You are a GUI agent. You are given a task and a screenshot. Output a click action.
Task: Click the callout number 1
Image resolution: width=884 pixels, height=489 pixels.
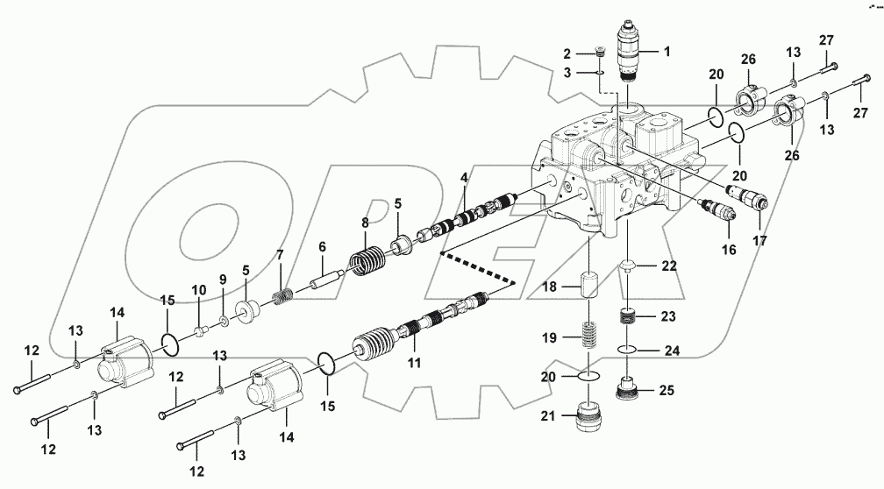667,52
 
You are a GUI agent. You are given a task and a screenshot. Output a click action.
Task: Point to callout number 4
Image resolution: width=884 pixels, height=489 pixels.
464,180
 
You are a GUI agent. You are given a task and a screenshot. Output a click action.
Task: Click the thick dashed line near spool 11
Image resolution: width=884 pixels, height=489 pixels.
477,269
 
